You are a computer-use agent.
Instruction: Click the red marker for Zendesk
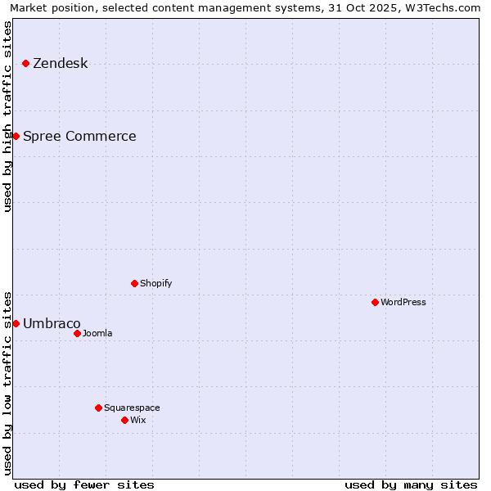coord(26,63)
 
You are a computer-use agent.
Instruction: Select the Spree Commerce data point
coord(16,136)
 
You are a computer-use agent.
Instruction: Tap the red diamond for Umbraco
coord(16,323)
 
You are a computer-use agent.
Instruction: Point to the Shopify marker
coord(134,283)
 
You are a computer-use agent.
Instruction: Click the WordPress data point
coord(375,302)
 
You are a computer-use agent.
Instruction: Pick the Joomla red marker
coord(77,333)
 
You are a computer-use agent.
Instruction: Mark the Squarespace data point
coord(98,408)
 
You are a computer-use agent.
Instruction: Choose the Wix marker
coord(124,420)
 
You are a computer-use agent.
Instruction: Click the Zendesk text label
coord(61,64)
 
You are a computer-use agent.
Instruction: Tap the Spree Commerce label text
coord(79,137)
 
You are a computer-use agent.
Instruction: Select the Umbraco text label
coord(52,324)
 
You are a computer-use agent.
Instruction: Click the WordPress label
coord(403,302)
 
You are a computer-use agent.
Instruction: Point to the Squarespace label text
coord(132,408)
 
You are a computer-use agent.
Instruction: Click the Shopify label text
coord(155,283)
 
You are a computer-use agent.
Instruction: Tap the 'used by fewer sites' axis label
coord(84,484)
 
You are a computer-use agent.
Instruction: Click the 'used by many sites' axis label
coord(411,484)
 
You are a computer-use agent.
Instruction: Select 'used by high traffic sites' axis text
coord(7,116)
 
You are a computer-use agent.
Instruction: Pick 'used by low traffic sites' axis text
coord(7,382)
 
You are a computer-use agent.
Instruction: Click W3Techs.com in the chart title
coord(443,7)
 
